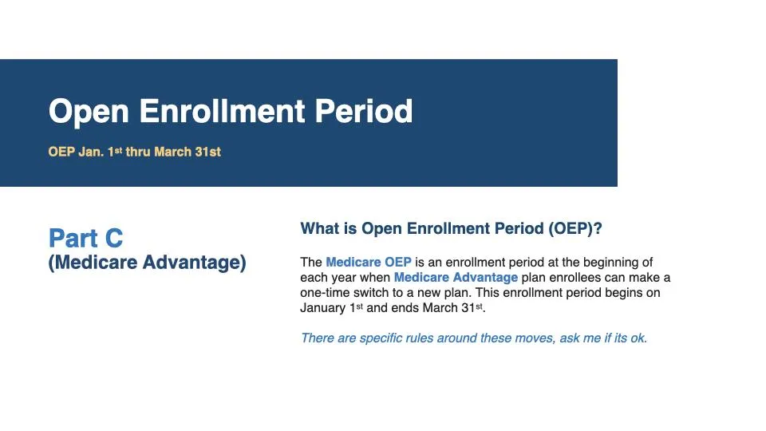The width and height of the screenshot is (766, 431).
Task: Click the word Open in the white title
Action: [89, 112]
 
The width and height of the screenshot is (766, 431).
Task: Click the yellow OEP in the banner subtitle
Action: [61, 152]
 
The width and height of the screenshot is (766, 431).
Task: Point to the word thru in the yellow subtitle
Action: [138, 152]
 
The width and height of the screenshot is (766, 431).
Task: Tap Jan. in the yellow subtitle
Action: [91, 152]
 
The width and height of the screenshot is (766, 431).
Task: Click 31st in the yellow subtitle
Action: [207, 152]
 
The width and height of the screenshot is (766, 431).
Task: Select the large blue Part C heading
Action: [85, 238]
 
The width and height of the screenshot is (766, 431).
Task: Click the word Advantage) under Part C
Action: [195, 263]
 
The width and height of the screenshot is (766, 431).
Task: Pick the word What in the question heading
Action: [318, 228]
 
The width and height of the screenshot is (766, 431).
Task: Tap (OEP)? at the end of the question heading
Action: [575, 229]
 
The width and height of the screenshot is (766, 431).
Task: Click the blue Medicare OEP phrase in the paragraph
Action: [369, 262]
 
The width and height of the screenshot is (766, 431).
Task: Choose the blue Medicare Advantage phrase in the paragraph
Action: [456, 277]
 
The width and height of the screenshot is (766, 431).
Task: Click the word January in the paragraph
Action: [323, 308]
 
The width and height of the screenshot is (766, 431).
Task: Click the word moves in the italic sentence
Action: [531, 338]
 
